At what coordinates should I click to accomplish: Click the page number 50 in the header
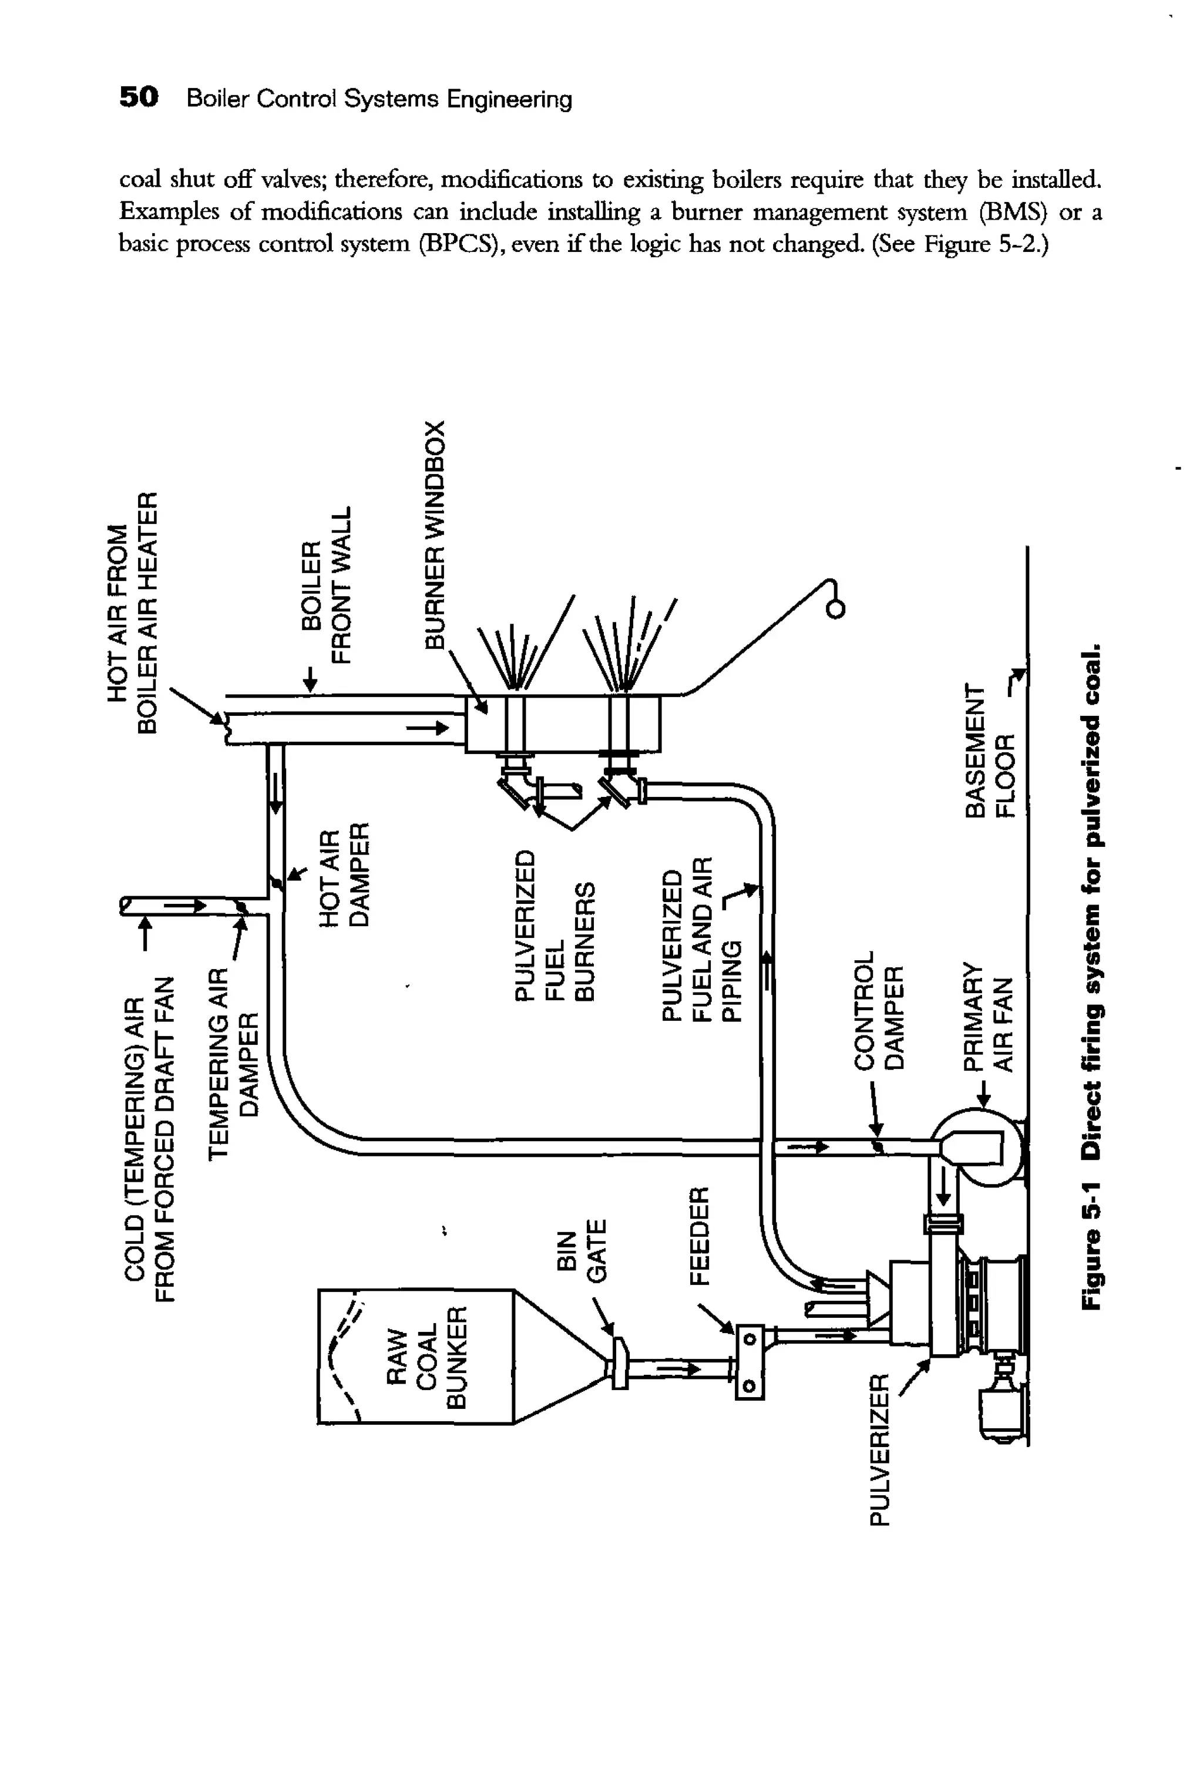click(x=139, y=98)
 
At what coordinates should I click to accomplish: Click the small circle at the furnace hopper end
click(x=835, y=610)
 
